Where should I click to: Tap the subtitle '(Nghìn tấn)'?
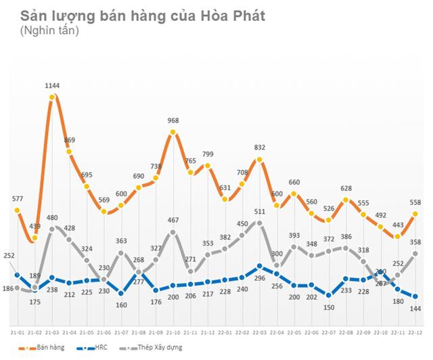click(x=49, y=31)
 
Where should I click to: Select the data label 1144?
click(x=52, y=86)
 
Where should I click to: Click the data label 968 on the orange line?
click(x=173, y=120)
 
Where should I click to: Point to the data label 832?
click(x=259, y=148)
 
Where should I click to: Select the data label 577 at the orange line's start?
click(x=17, y=198)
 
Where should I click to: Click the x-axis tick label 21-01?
click(x=18, y=332)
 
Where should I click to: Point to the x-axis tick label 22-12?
click(x=415, y=332)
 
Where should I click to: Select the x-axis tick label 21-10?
click(x=173, y=332)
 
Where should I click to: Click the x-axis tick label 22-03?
click(x=259, y=332)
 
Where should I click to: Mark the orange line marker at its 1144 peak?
click(x=52, y=97)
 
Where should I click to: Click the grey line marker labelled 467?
click(x=173, y=232)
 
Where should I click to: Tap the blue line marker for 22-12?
click(x=415, y=296)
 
